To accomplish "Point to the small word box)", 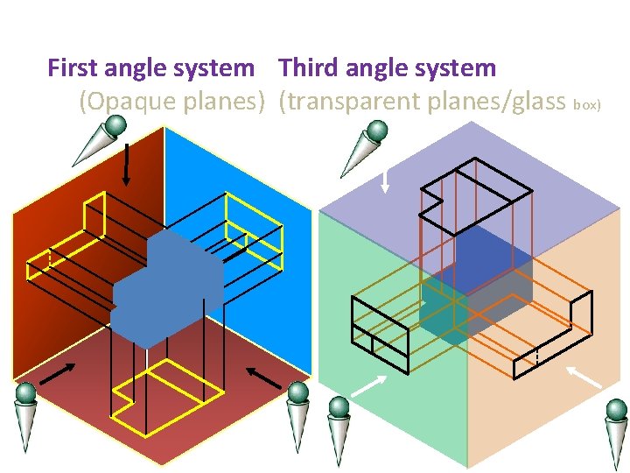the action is (x=586, y=105).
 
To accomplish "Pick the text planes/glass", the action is (x=496, y=102).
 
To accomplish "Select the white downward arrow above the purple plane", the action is (x=385, y=179).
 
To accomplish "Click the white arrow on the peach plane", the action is (x=584, y=377).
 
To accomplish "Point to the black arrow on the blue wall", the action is (x=262, y=376).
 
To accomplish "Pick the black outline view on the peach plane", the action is (x=554, y=337).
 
